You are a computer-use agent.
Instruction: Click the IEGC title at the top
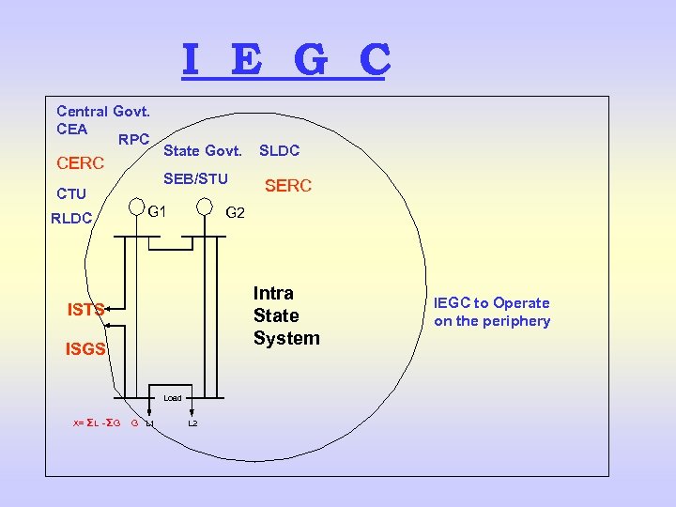pos(285,60)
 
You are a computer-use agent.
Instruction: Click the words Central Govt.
pos(103,112)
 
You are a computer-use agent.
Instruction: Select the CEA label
pos(71,130)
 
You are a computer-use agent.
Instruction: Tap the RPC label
pos(133,140)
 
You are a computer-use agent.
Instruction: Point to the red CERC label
pos(80,163)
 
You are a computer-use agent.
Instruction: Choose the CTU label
pos(71,194)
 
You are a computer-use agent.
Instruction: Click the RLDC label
pos(71,219)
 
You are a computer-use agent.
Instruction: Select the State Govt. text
pos(203,150)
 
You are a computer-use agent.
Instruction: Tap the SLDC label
pos(279,150)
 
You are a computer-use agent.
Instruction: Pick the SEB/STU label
pos(195,178)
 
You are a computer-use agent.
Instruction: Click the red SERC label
pos(287,187)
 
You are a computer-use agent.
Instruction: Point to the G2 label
pos(235,213)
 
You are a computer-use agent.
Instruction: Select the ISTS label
pos(85,308)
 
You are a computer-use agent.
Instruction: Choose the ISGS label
pos(85,350)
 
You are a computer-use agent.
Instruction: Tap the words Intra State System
pos(286,315)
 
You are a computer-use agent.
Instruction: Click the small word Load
pos(173,398)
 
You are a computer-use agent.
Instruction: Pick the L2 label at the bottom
pos(192,423)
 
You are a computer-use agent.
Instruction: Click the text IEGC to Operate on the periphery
pos(492,312)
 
